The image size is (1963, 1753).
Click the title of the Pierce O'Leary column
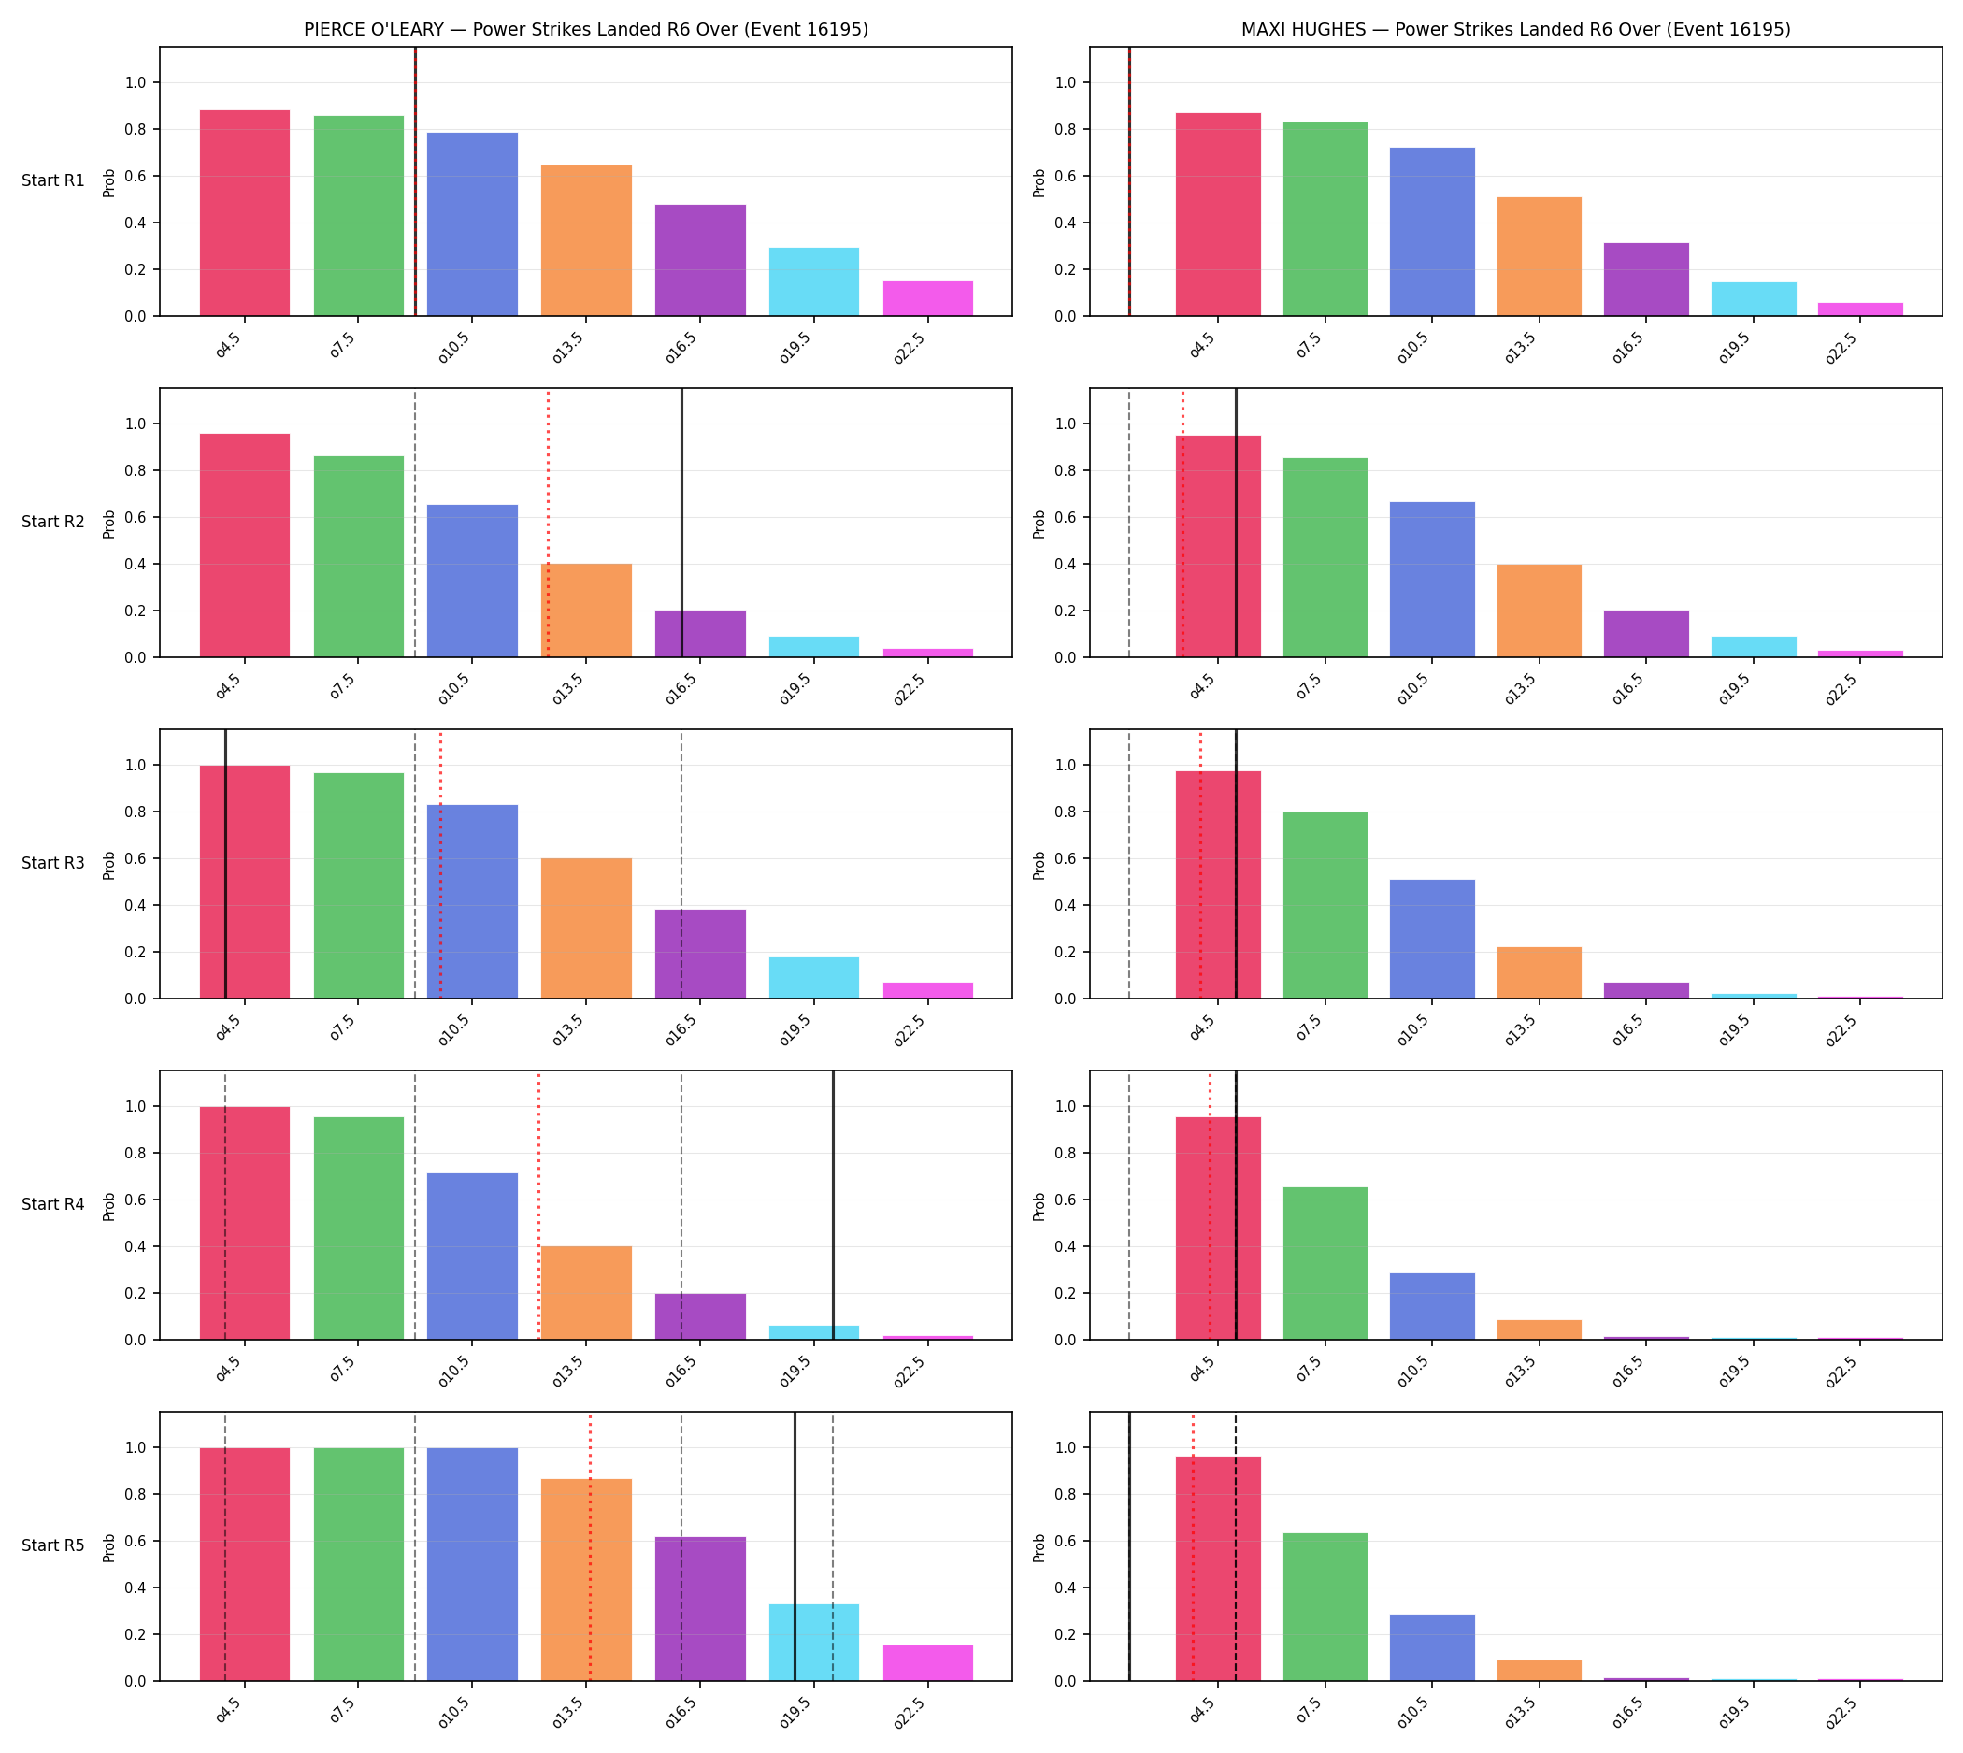585,29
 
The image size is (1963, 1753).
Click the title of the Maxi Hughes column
1515,29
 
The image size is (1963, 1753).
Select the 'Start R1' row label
53,180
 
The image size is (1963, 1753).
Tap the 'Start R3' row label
53,863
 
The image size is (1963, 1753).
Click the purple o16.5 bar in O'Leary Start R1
699,260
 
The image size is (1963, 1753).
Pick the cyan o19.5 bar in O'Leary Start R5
813,1643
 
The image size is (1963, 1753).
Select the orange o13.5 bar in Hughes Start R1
1539,256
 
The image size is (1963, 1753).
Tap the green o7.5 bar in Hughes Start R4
1325,1264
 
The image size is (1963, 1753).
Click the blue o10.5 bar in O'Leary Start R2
472,581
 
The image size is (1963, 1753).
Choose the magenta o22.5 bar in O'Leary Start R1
927,298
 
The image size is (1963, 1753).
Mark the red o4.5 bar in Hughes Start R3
1217,885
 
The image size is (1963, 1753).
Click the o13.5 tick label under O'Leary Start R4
567,1372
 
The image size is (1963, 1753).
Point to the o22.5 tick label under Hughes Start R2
1841,690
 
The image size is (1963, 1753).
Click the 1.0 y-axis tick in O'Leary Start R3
135,766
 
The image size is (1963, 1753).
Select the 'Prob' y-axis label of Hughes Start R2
1039,524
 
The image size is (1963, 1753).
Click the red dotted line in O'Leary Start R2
548,523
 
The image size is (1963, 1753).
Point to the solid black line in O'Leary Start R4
833,1205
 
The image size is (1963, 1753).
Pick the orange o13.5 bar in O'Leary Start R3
585,928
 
